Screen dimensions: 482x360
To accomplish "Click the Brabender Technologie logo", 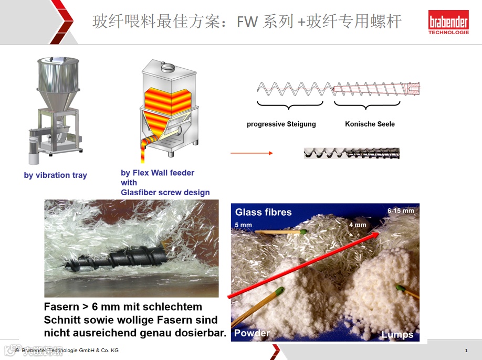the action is [448, 22].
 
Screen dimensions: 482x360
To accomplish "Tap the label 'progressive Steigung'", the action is [281, 124].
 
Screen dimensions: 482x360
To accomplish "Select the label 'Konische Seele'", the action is [370, 124].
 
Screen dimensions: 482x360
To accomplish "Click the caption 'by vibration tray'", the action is [55, 175].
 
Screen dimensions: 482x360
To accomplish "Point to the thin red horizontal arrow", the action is [252, 153].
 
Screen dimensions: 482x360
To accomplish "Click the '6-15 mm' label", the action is [401, 211].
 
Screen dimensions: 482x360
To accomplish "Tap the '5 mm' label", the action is [243, 225].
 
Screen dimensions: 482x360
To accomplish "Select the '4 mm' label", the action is [358, 225].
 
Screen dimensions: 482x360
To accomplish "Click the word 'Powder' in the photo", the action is [252, 333].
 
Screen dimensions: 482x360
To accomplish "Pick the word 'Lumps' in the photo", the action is [397, 334].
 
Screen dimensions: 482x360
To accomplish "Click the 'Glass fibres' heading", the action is [263, 212].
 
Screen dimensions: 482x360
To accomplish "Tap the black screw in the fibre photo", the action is [117, 259].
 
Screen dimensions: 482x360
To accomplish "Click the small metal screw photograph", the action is [352, 153].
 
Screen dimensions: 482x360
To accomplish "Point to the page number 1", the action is [466, 351].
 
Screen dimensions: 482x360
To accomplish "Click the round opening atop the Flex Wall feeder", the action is [168, 66].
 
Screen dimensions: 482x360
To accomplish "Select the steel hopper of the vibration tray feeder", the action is [58, 81].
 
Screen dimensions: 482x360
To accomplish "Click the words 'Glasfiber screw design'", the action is [165, 192].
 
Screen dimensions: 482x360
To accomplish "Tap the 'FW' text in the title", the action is [247, 22].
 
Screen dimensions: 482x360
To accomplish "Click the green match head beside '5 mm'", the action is [303, 231].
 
